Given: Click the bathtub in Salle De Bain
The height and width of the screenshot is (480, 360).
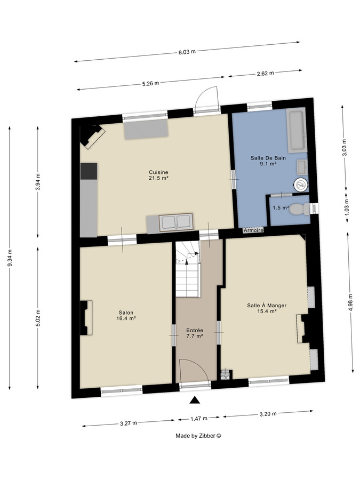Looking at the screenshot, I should (x=295, y=130).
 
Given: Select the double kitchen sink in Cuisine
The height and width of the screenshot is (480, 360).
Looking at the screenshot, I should (x=175, y=222).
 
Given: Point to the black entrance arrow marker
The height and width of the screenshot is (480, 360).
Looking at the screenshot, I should (x=195, y=400).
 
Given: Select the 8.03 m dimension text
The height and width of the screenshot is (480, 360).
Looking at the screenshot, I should (x=186, y=52).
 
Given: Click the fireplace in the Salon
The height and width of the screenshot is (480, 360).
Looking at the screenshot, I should (x=86, y=318).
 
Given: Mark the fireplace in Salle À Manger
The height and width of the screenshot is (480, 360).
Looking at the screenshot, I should (x=302, y=328).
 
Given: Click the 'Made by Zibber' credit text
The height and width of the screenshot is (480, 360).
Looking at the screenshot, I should (x=198, y=436).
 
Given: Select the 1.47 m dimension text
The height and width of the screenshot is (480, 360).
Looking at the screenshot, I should (x=199, y=419).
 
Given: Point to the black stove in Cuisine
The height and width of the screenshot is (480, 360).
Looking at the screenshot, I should (x=89, y=171).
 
